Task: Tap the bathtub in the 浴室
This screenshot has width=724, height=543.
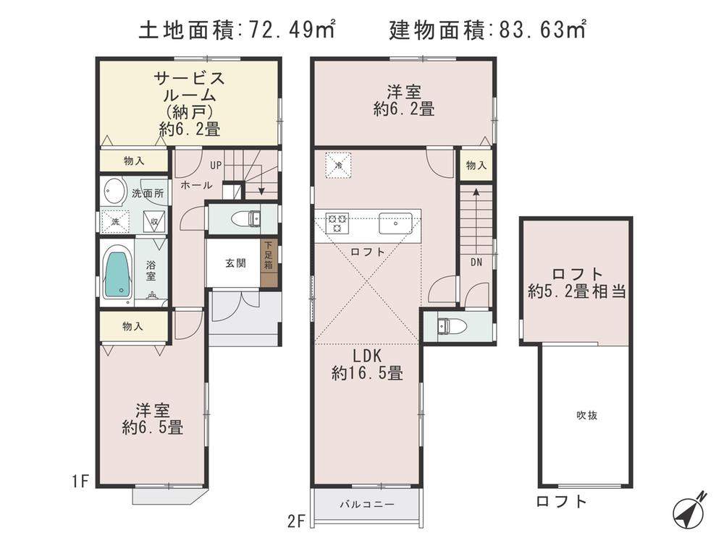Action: [117, 273]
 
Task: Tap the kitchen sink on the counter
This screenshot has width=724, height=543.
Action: [395, 222]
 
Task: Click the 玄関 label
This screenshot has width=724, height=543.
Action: [234, 263]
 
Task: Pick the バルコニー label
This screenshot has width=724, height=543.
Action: [366, 505]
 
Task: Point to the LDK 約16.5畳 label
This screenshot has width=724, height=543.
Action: [367, 364]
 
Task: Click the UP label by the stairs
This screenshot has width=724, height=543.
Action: [215, 165]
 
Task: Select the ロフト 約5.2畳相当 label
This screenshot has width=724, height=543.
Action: [576, 283]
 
